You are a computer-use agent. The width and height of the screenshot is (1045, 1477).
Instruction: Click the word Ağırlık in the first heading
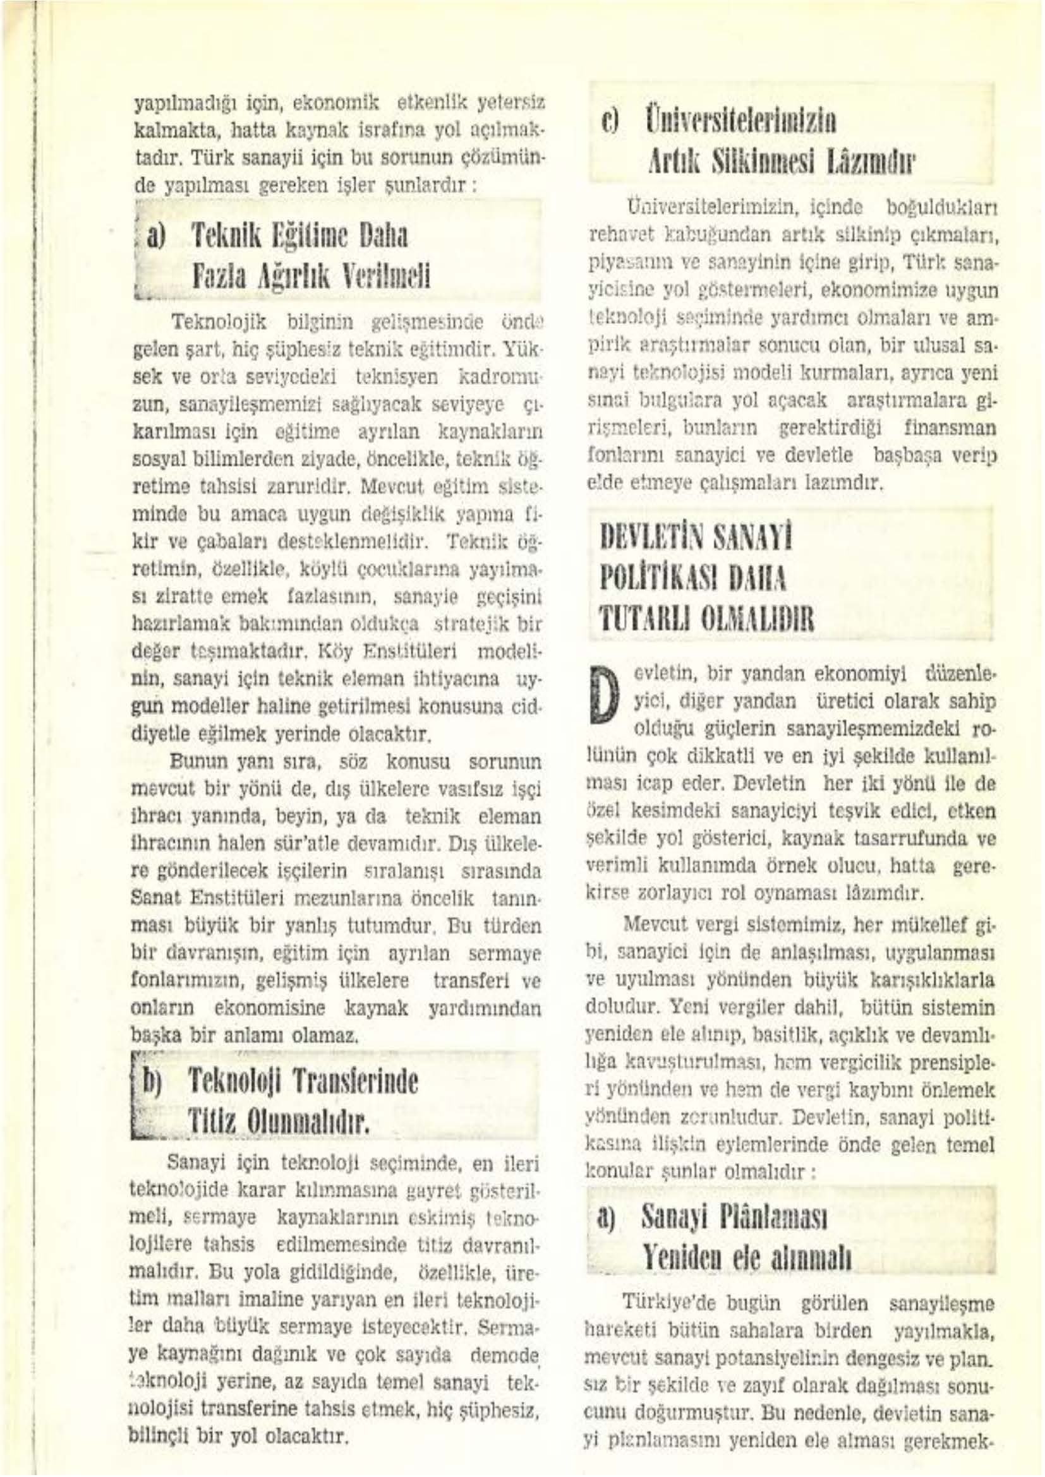point(296,277)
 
